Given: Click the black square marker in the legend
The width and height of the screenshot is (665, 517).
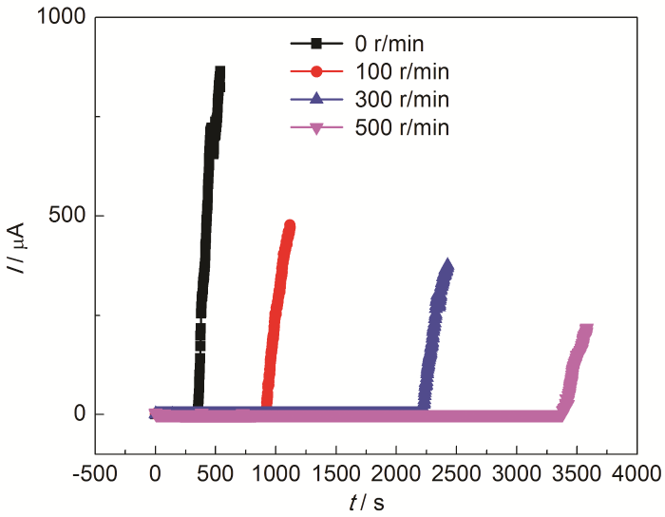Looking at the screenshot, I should coord(318,43).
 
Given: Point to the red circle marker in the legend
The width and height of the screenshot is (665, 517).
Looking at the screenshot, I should coord(318,70).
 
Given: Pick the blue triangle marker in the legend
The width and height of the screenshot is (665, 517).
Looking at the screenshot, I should coord(318,99).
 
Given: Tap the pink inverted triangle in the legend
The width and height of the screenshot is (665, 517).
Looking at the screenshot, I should coord(318,127).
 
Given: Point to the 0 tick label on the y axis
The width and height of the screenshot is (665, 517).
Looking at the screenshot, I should coord(80,414).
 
